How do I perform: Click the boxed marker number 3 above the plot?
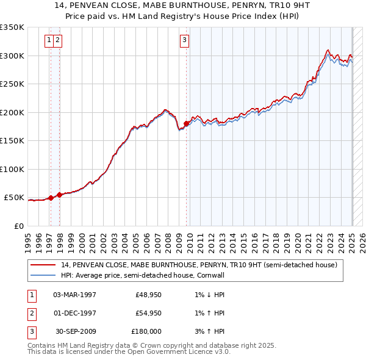coord(184,41)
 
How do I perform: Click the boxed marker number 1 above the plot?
coord(48,41)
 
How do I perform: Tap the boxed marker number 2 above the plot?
coord(57,41)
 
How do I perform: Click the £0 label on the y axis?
coord(20,226)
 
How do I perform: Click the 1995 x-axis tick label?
coord(28,240)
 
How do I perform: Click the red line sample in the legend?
coord(43,265)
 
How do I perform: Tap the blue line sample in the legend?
coord(43,275)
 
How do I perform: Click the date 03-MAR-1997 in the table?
coord(75,295)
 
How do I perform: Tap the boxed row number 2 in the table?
coord(31,313)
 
